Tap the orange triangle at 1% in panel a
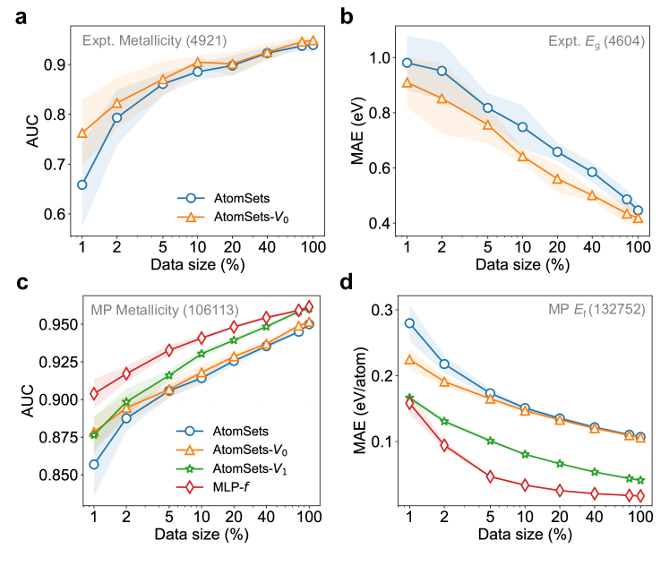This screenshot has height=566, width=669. [82, 133]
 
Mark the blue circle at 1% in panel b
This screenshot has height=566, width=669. [407, 63]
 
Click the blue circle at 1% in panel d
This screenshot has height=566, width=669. [410, 323]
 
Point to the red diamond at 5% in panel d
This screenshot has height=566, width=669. [491, 476]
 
